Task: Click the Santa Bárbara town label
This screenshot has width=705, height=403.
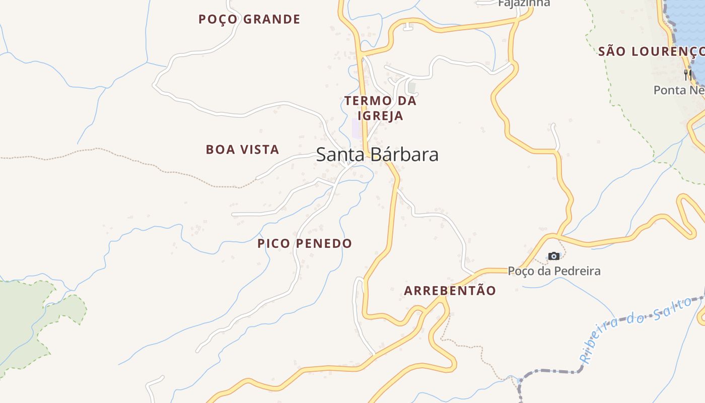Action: (x=377, y=155)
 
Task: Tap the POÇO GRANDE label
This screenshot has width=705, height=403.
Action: (x=249, y=20)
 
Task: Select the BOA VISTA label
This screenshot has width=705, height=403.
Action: (x=242, y=150)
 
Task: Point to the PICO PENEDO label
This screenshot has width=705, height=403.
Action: (x=305, y=244)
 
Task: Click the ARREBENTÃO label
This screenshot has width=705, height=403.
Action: (x=450, y=291)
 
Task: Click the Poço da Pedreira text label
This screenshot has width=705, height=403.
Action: (x=554, y=271)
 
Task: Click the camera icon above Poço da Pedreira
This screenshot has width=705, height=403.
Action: (x=554, y=256)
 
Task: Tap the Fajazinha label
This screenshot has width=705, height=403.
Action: (x=524, y=4)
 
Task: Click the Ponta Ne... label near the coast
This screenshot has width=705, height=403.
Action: (x=678, y=90)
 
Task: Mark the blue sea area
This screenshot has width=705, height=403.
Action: (x=688, y=20)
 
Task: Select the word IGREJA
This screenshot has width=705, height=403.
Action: (x=381, y=116)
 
